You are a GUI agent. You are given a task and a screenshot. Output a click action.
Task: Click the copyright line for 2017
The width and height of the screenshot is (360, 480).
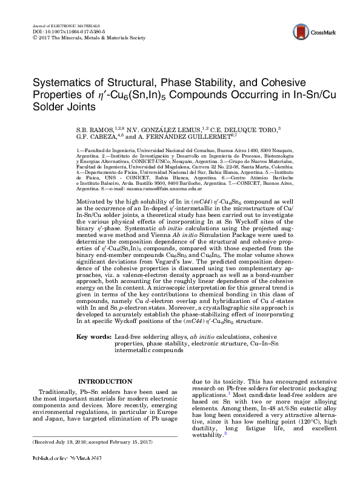coord(88,37)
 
